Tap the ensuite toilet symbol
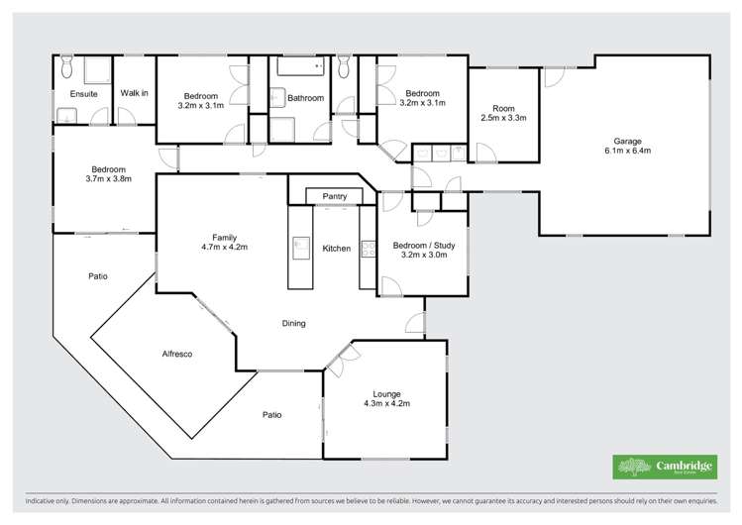coord(66,66)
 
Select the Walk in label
coord(134,93)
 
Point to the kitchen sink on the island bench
coord(301,244)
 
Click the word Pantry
coord(335,197)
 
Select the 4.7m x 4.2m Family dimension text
coord(223,247)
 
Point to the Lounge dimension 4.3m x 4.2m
coord(387,403)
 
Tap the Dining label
coord(293,323)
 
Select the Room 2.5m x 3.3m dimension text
coord(504,118)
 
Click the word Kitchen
coord(337,248)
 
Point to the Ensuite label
coord(82,93)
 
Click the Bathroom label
coord(305,98)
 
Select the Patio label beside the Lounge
coord(271,414)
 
